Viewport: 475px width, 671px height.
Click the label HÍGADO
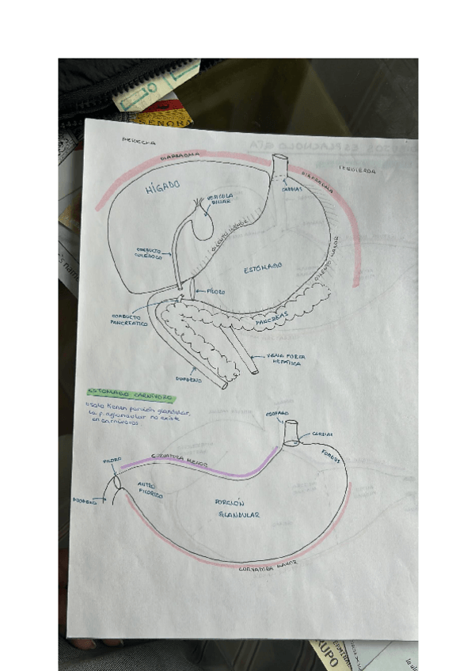click(163, 187)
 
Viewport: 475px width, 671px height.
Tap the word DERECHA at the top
click(139, 142)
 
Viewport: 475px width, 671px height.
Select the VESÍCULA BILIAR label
click(219, 199)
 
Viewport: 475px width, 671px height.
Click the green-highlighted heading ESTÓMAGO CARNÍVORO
click(131, 392)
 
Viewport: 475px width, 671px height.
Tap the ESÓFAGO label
click(277, 414)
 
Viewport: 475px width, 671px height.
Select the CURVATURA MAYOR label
click(268, 567)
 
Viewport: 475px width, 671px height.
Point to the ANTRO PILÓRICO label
click(150, 491)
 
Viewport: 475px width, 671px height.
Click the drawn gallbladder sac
click(199, 226)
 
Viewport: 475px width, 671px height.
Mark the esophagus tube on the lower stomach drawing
click(290, 431)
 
